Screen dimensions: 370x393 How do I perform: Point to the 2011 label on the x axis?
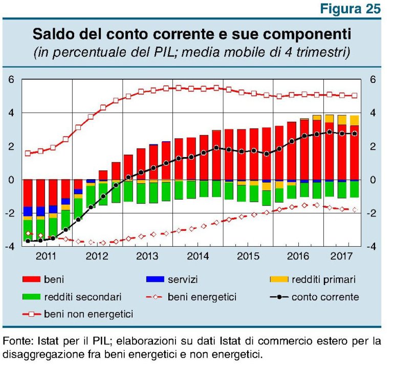[47, 256]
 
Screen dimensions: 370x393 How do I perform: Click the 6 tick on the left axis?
[11, 80]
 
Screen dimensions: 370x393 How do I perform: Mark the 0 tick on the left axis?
[11, 180]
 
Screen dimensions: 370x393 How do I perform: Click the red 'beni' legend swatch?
[34, 279]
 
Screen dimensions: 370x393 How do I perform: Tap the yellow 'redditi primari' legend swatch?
[279, 279]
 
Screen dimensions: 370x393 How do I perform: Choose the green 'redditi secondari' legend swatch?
[34, 296]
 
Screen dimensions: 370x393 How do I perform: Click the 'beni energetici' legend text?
[202, 297]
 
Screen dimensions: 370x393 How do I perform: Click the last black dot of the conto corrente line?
[354, 134]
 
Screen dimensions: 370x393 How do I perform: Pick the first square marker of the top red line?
[28, 153]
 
